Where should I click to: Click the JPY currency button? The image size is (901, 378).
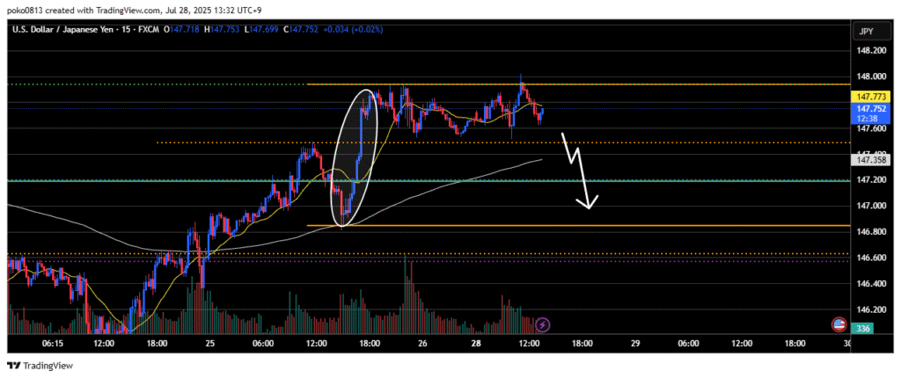[x=866, y=32]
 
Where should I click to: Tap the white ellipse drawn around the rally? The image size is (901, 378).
[x=355, y=158]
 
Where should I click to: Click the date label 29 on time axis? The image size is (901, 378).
[x=634, y=344]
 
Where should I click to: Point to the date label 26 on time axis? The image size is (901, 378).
[x=423, y=344]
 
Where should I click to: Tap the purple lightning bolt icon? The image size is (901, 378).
[x=543, y=325]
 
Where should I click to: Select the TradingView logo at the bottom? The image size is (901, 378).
[x=40, y=366]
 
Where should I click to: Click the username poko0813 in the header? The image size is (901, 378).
[x=26, y=9]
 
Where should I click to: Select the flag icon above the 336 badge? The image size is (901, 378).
[x=840, y=324]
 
